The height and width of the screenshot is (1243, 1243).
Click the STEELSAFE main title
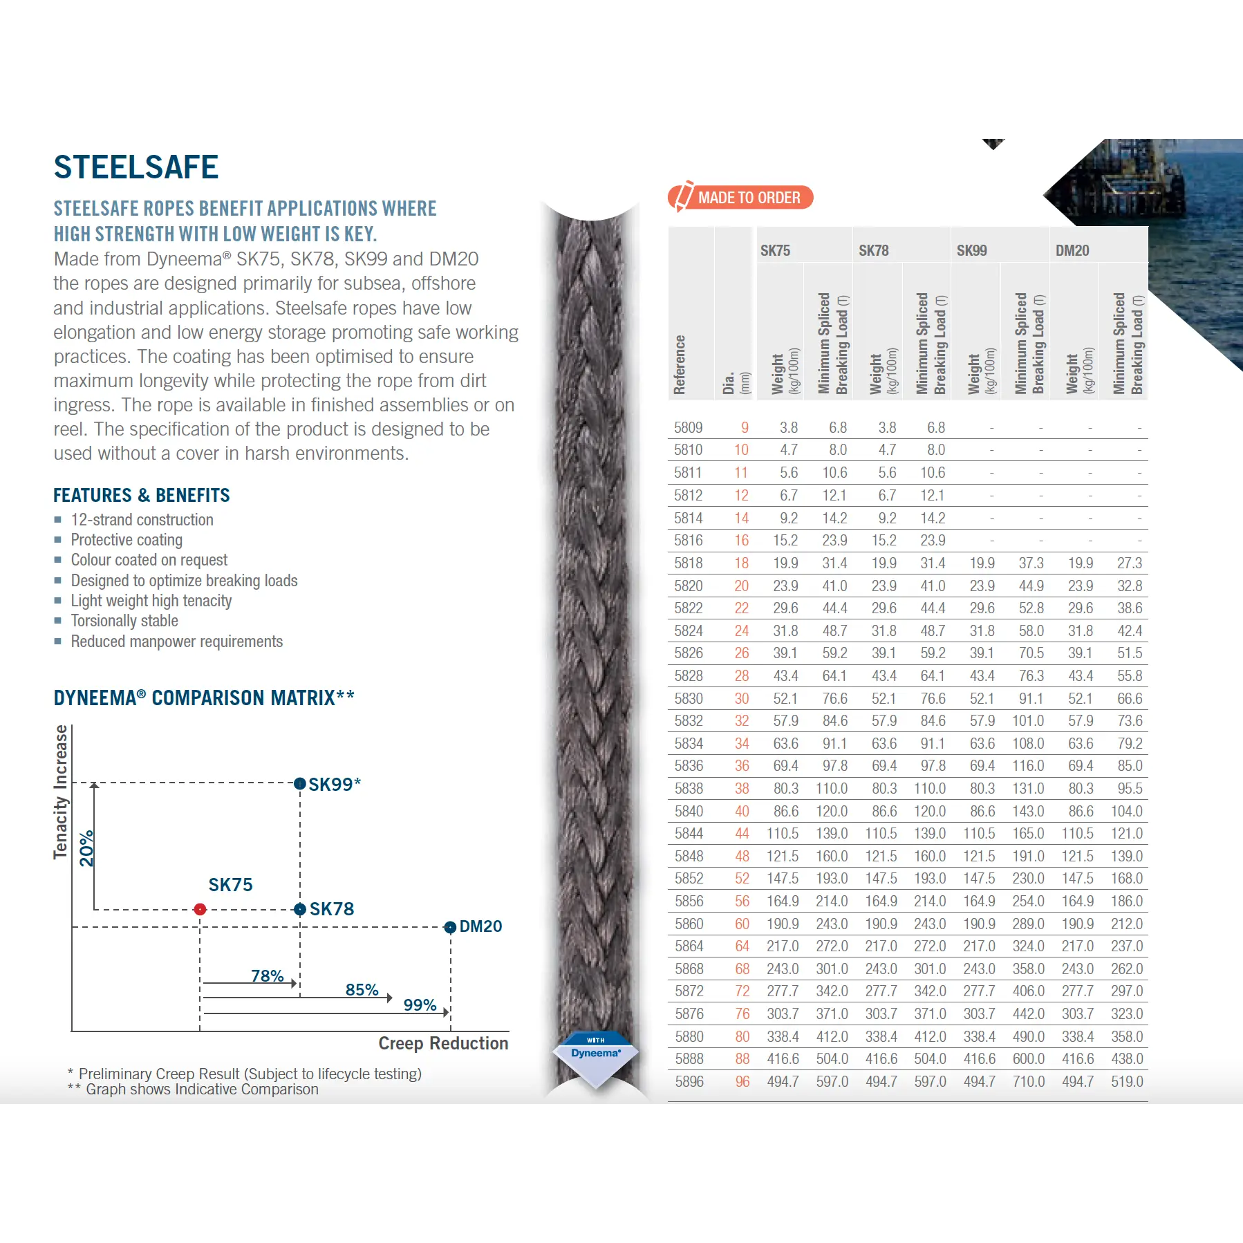point(136,167)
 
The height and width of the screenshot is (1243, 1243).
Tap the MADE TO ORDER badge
point(740,198)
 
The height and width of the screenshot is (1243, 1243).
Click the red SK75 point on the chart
point(200,909)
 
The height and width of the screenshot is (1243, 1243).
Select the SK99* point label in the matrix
point(334,785)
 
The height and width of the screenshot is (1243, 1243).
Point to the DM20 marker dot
point(450,927)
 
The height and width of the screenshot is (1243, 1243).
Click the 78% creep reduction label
point(267,975)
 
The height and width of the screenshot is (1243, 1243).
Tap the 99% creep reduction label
point(420,1004)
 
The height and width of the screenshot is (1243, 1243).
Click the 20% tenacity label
point(86,848)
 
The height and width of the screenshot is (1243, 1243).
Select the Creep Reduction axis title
point(443,1043)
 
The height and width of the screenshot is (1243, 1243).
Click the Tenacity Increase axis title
point(61,792)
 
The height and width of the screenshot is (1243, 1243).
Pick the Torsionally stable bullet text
point(124,621)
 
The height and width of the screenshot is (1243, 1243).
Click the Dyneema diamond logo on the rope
point(595,1056)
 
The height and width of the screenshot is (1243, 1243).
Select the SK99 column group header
point(971,251)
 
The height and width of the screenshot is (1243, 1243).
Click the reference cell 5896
point(689,1081)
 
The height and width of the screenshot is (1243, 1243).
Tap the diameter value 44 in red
point(742,834)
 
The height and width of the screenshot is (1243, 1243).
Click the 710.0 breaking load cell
point(1028,1081)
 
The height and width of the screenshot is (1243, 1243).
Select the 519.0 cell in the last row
point(1126,1081)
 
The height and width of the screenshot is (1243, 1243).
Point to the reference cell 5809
point(688,428)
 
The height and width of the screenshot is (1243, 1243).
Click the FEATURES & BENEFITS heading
point(142,495)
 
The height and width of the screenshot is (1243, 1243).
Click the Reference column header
point(680,364)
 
